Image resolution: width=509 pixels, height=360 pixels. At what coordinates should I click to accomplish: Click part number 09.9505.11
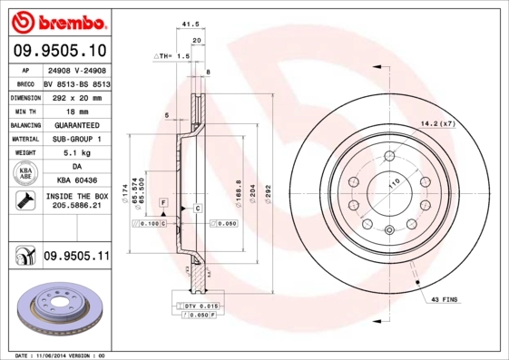click(x=76, y=258)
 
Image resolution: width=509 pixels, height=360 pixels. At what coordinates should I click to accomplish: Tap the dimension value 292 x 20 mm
click(x=76, y=96)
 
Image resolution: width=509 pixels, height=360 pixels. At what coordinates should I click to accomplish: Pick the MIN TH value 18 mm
click(x=76, y=110)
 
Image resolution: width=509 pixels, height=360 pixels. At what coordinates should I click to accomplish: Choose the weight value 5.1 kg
click(x=76, y=153)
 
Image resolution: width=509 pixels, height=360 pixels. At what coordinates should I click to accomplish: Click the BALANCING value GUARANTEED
click(x=76, y=124)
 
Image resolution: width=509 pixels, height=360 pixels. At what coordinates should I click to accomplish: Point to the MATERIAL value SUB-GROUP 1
click(x=76, y=139)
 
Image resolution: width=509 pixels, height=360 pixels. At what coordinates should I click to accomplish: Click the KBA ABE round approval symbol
click(x=26, y=174)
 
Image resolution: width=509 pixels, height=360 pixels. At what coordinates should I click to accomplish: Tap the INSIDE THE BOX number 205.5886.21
click(x=76, y=207)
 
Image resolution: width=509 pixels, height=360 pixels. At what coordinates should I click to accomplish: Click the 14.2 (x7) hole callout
click(x=436, y=123)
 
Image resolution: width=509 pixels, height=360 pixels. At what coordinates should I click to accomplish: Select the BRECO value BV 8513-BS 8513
click(x=76, y=82)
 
